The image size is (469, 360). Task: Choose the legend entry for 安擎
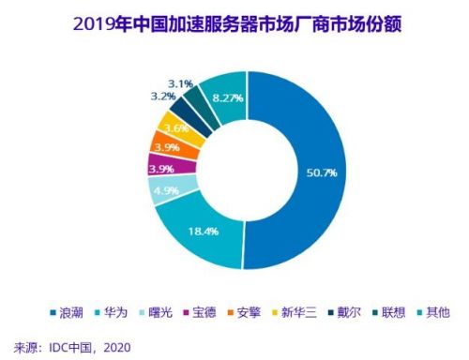click(x=264, y=310)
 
